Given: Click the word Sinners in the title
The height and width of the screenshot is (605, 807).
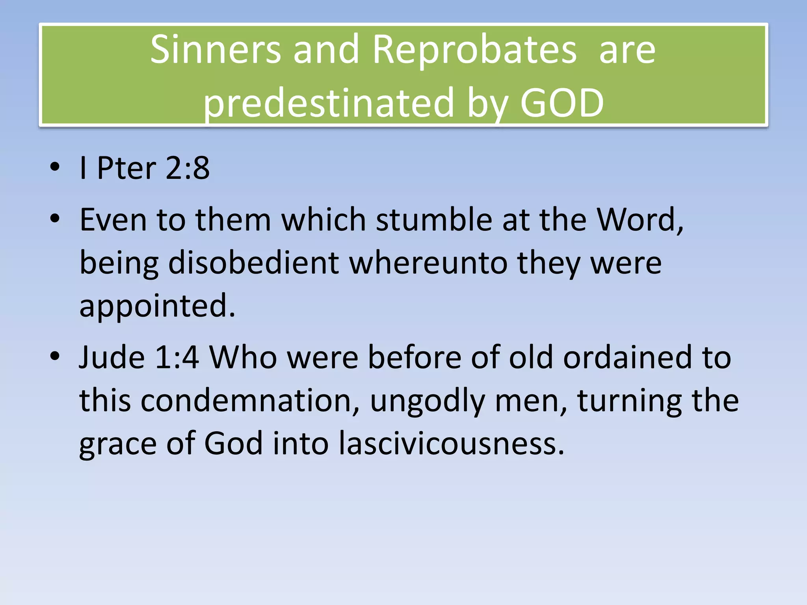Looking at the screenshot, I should point(215,50).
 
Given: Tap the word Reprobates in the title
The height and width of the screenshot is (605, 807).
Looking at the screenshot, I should point(474,50).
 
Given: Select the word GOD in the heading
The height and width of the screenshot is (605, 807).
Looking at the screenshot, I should point(562,103).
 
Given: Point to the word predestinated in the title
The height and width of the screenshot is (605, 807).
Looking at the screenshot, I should point(329,103).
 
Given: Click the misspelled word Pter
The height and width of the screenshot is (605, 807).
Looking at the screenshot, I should point(126,168).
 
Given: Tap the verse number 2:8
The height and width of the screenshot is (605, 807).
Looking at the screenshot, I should point(188,168).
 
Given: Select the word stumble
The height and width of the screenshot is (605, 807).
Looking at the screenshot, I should point(434,219).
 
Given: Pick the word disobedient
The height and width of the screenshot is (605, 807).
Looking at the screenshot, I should point(253,263).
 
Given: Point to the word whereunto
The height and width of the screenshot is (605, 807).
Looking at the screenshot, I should point(428,263).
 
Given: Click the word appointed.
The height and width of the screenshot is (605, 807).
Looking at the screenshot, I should point(157,306).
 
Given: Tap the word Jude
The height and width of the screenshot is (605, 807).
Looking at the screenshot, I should point(112,357).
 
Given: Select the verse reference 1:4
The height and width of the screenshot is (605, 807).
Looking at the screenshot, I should point(177,357).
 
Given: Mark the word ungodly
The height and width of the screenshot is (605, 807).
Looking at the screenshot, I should point(428,401).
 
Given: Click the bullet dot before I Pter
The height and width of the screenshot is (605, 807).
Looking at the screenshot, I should point(55,167).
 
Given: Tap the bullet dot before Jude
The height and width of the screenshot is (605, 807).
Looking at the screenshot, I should point(55,356).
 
